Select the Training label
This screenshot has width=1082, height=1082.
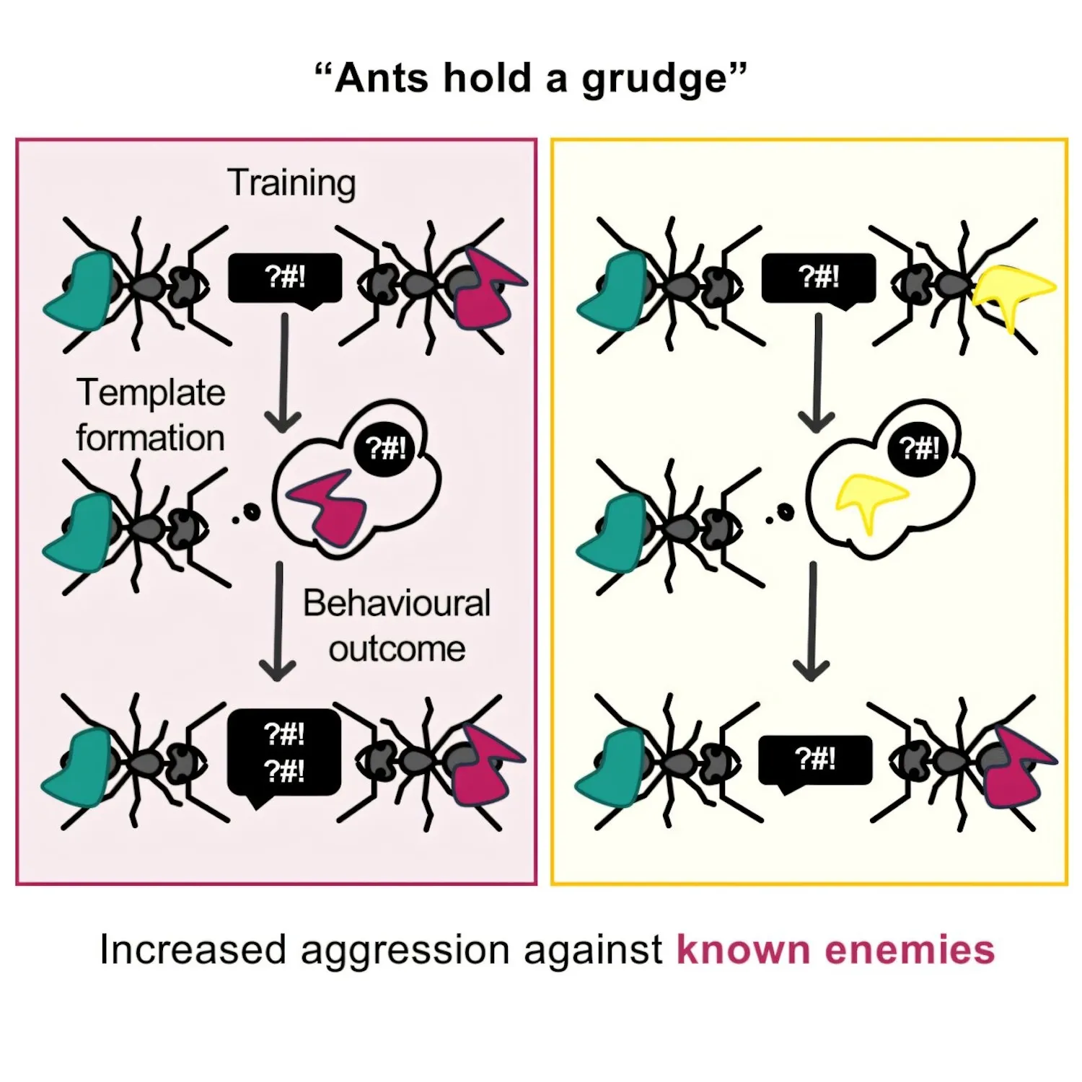(291, 183)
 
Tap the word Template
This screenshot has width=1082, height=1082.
(151, 394)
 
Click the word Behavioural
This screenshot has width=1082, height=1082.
(396, 603)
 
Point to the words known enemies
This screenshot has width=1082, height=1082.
(835, 949)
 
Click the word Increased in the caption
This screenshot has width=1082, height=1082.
(193, 949)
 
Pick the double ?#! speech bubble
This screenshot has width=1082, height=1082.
(283, 753)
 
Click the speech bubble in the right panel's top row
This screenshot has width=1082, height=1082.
(818, 278)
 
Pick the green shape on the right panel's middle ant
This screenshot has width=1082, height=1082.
(613, 534)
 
